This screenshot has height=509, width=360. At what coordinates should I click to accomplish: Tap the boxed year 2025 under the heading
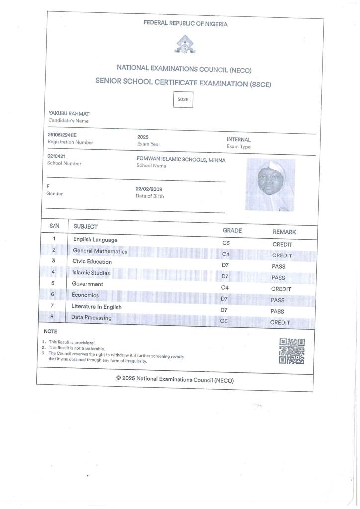(x=183, y=100)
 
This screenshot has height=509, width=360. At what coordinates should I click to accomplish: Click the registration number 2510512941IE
(x=62, y=135)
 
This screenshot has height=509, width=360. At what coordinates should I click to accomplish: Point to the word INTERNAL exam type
(x=239, y=140)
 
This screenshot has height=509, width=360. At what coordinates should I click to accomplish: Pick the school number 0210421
(x=56, y=156)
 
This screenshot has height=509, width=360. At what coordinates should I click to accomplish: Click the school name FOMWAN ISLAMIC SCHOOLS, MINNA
(x=181, y=160)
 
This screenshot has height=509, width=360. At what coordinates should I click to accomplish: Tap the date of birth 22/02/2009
(x=149, y=189)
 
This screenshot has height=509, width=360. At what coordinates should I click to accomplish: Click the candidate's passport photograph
(x=270, y=184)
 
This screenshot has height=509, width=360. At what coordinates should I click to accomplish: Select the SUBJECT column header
(x=86, y=227)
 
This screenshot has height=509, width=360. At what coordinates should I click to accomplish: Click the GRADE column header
(x=232, y=231)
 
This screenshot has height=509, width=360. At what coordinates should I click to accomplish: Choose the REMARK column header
(x=284, y=232)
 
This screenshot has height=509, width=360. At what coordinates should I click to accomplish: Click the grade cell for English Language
(x=226, y=243)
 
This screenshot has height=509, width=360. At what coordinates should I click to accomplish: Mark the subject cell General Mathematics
(x=100, y=251)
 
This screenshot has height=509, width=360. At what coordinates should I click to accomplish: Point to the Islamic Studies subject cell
(x=91, y=273)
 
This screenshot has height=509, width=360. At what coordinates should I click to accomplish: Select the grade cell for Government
(x=224, y=288)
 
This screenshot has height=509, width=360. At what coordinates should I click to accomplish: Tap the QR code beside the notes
(x=291, y=351)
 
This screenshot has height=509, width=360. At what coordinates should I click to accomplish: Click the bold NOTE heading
(x=50, y=331)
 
